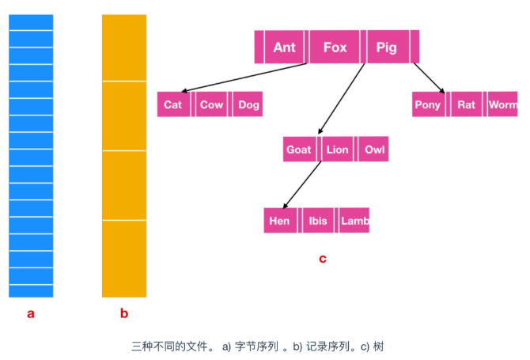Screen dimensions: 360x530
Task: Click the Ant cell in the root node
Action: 284,47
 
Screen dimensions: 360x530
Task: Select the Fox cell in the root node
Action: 335,47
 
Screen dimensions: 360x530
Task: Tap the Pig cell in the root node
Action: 386,47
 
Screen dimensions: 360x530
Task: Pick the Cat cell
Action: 172,104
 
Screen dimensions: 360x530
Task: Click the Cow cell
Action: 211,104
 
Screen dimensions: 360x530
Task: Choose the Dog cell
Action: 248,104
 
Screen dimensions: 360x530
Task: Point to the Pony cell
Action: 428,104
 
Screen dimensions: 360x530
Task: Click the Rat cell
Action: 467,104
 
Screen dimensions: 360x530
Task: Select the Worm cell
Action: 502,104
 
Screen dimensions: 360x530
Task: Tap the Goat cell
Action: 298,150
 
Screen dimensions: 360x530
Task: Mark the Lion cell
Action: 337,150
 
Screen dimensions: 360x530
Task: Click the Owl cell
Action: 374,150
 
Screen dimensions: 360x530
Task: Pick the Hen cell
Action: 279,221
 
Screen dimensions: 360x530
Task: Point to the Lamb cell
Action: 354,221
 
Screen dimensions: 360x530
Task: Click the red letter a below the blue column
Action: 31,313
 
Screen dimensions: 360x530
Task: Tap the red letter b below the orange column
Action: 123,313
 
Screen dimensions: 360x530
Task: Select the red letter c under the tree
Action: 322,258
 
